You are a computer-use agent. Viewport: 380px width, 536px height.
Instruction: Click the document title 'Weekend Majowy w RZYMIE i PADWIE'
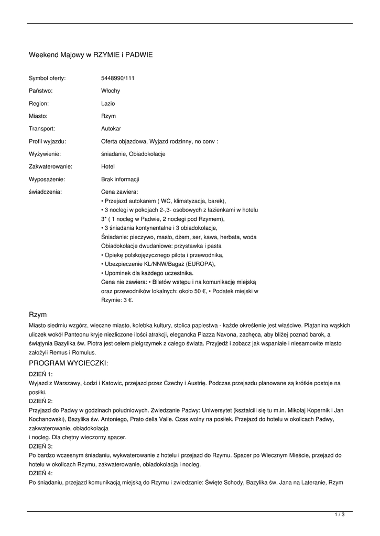[91, 54]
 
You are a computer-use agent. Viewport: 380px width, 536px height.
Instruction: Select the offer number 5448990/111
[118, 78]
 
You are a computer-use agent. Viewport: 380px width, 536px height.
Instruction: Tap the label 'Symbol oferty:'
[47, 78]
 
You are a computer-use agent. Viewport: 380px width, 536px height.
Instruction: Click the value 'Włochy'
[111, 91]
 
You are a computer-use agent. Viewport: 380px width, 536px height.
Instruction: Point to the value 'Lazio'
[108, 103]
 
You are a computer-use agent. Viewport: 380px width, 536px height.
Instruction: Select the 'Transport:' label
[42, 128]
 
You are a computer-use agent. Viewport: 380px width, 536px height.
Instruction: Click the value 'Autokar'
[111, 128]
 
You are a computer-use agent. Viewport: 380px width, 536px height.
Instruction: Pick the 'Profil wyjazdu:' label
[47, 141]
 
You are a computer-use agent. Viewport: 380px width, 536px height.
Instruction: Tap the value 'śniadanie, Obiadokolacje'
[133, 154]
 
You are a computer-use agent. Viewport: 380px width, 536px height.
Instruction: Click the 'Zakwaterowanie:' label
[50, 166]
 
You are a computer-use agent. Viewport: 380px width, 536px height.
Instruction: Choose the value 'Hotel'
[108, 166]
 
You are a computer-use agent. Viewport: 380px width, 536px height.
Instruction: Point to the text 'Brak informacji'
[120, 179]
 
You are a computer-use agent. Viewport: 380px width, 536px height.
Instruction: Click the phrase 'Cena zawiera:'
[120, 192]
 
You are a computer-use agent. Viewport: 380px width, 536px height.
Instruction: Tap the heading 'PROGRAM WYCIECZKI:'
[68, 363]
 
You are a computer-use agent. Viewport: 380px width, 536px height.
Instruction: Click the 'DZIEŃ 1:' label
[41, 375]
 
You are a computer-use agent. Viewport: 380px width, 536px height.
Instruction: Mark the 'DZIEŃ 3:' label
[41, 446]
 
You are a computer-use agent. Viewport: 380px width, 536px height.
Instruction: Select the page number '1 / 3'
[340, 515]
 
